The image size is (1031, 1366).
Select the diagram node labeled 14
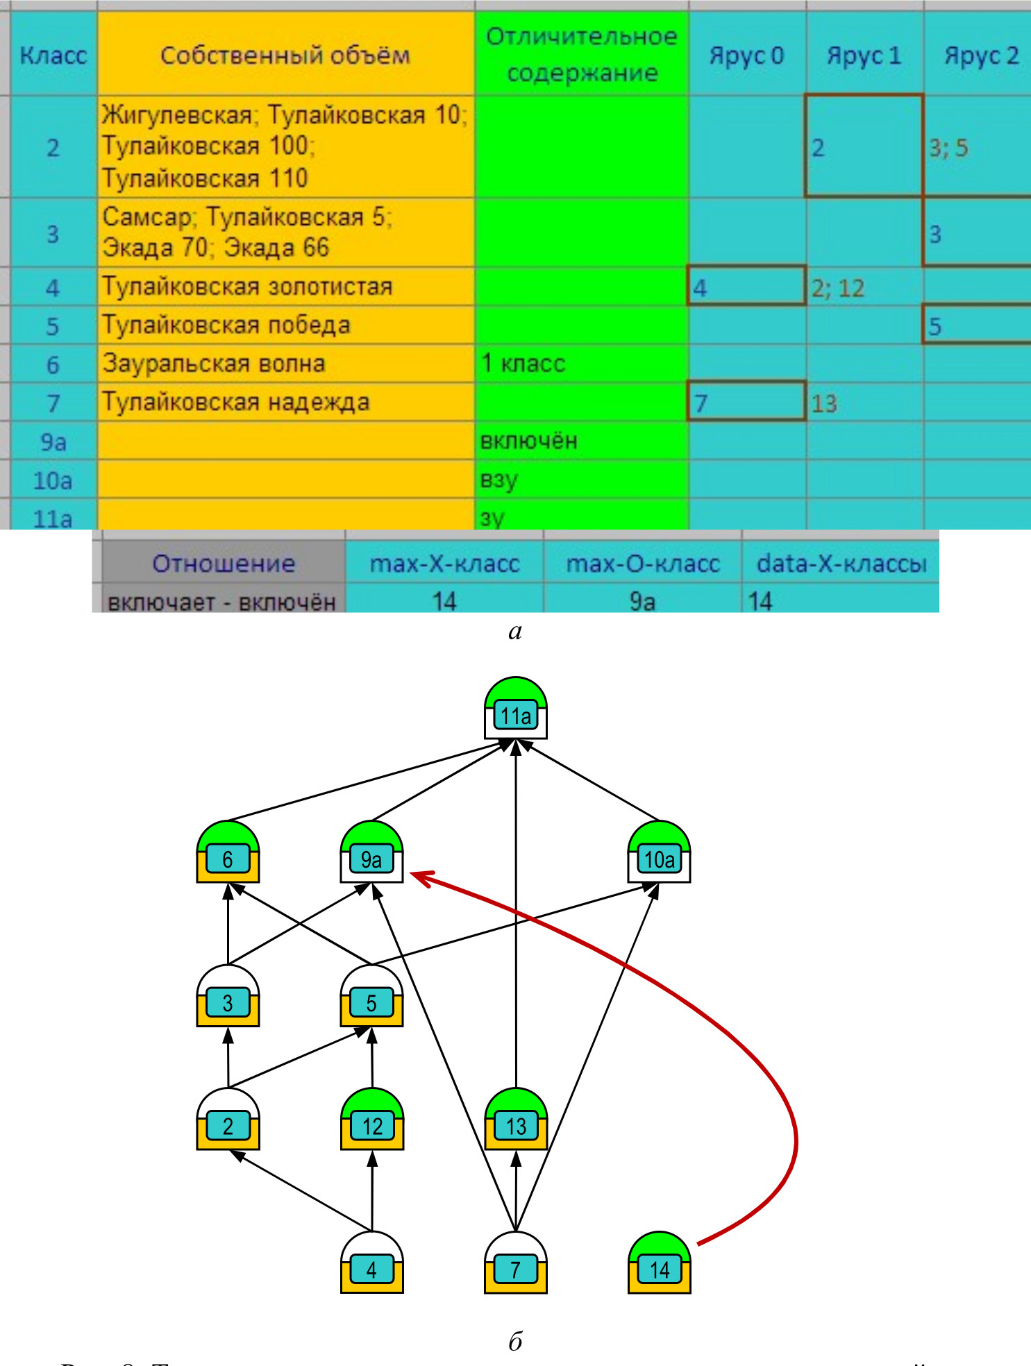click(659, 1264)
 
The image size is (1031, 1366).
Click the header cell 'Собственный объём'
click(285, 55)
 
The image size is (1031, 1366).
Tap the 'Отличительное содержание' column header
click(581, 54)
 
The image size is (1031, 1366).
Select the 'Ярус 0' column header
click(746, 55)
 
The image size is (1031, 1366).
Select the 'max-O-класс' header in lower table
click(642, 564)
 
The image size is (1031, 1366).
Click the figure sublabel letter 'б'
click(515, 1341)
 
